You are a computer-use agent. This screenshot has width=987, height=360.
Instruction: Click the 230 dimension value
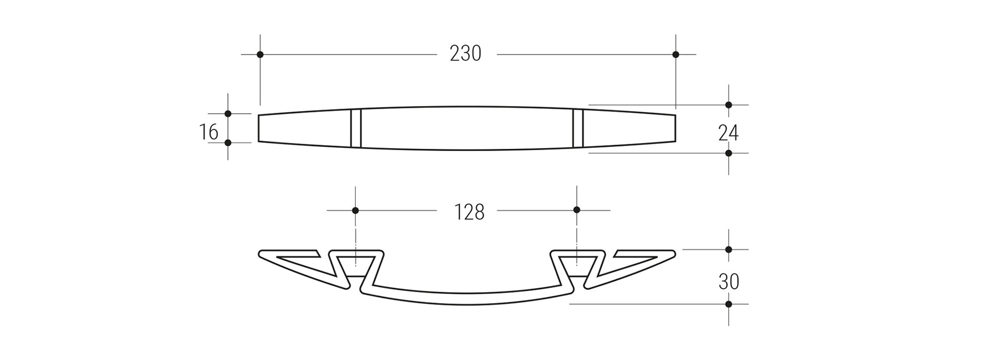[x=466, y=53]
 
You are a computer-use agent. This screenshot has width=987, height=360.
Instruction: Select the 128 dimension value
[x=469, y=212]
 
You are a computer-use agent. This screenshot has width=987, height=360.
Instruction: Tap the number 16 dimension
[x=209, y=132]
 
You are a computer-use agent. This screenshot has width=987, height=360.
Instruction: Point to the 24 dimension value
[x=728, y=133]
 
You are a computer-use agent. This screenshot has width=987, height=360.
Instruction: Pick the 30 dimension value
[x=728, y=282]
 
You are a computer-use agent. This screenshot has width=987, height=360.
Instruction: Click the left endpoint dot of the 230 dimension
[x=260, y=55]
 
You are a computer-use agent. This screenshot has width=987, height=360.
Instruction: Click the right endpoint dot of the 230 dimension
[x=675, y=55]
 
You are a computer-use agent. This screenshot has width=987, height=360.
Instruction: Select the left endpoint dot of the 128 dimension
[x=355, y=210]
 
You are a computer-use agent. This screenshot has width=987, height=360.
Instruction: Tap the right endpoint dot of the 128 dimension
[x=577, y=210]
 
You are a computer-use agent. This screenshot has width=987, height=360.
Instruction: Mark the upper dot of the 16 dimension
[x=228, y=114]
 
